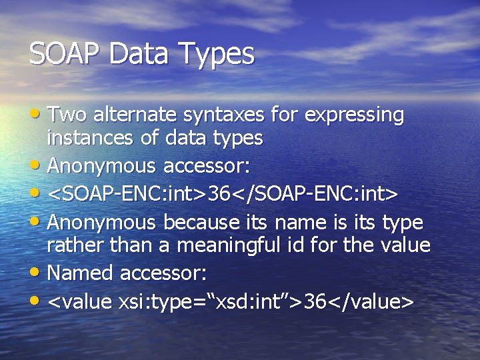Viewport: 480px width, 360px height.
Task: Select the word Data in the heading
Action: (x=140, y=54)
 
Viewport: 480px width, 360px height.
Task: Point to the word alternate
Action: (x=135, y=115)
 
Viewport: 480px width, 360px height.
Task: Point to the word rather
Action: (x=73, y=246)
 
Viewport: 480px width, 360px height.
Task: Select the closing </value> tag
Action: (x=370, y=302)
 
